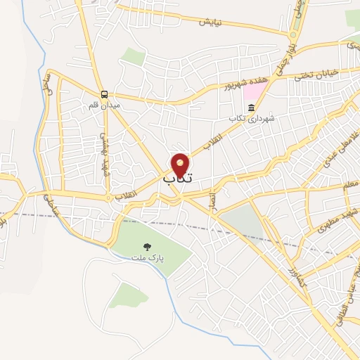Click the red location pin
(x=181, y=165)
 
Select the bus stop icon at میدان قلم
(x=104, y=94)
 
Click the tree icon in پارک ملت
(x=147, y=247)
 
